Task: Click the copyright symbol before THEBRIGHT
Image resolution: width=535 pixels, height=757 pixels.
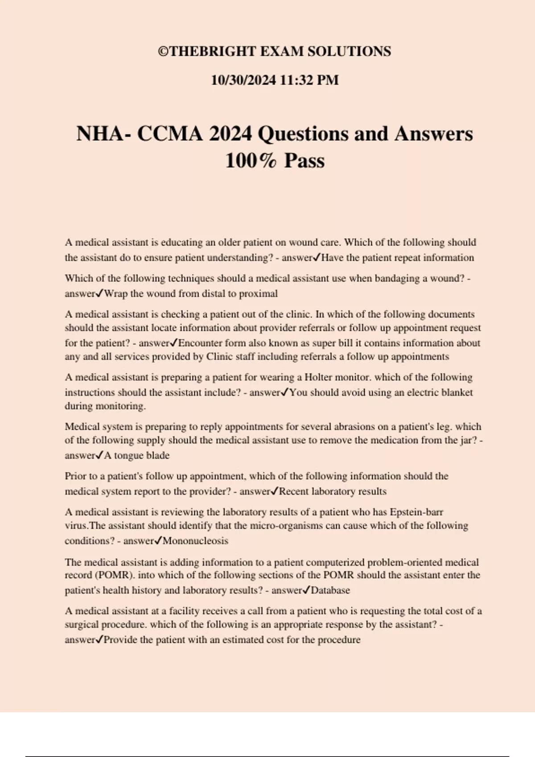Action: click(x=163, y=52)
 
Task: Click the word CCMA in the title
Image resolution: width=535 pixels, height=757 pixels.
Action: click(x=170, y=134)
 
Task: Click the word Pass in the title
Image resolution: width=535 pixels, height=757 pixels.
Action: click(x=304, y=161)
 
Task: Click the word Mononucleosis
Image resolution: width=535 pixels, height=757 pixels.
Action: click(x=195, y=541)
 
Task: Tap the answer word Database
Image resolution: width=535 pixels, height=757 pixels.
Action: click(x=330, y=590)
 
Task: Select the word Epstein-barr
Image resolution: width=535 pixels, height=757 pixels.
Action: click(x=416, y=512)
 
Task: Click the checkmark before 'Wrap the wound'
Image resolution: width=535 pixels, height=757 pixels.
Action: click(x=100, y=293)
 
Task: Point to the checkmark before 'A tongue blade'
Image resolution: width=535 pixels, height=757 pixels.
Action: click(x=100, y=455)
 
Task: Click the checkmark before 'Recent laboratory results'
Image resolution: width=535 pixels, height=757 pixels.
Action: click(x=275, y=491)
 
